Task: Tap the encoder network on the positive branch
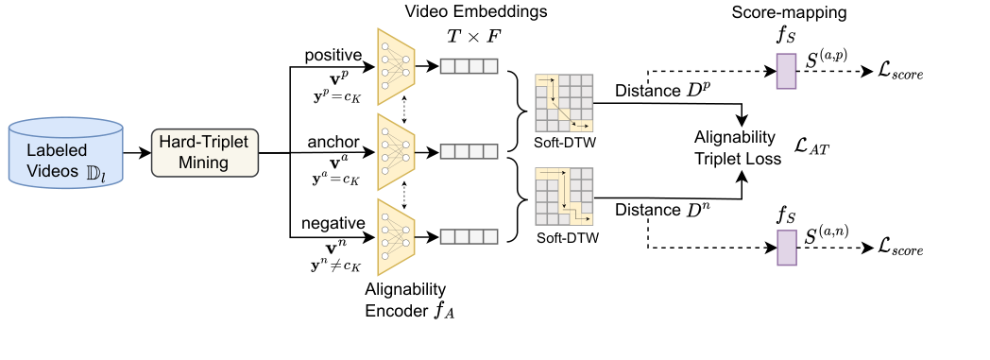tap(396, 66)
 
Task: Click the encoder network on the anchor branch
tap(396, 151)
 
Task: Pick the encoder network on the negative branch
tap(396, 235)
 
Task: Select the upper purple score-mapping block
tap(786, 72)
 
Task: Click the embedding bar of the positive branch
tap(468, 66)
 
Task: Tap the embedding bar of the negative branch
tap(468, 235)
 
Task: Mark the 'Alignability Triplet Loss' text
tap(736, 149)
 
